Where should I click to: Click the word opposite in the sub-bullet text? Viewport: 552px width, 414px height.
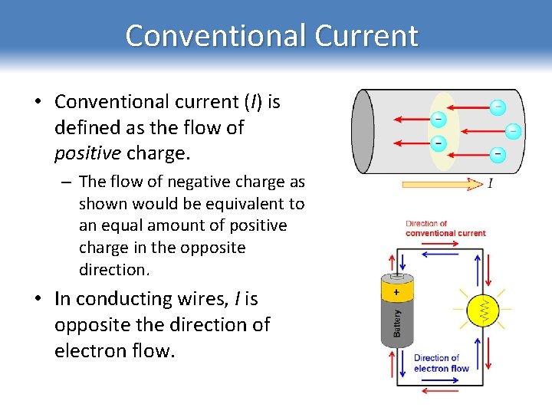click(x=215, y=248)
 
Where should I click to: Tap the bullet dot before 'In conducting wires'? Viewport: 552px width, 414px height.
click(x=38, y=299)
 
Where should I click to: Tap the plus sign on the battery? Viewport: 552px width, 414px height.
click(x=396, y=292)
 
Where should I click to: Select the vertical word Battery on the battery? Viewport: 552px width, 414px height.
click(x=396, y=323)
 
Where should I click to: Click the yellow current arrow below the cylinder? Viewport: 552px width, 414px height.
click(x=442, y=183)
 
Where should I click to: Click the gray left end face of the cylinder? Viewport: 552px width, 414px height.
click(x=362, y=132)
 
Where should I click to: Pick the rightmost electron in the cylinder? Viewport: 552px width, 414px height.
click(x=513, y=132)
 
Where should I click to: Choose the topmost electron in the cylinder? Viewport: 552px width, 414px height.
click(x=498, y=107)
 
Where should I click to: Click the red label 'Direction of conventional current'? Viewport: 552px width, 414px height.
click(x=445, y=228)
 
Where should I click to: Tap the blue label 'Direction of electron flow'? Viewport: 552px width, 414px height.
click(x=441, y=363)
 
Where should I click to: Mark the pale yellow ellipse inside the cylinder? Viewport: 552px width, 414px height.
click(x=443, y=131)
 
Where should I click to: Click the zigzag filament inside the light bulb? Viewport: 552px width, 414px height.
click(x=484, y=310)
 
